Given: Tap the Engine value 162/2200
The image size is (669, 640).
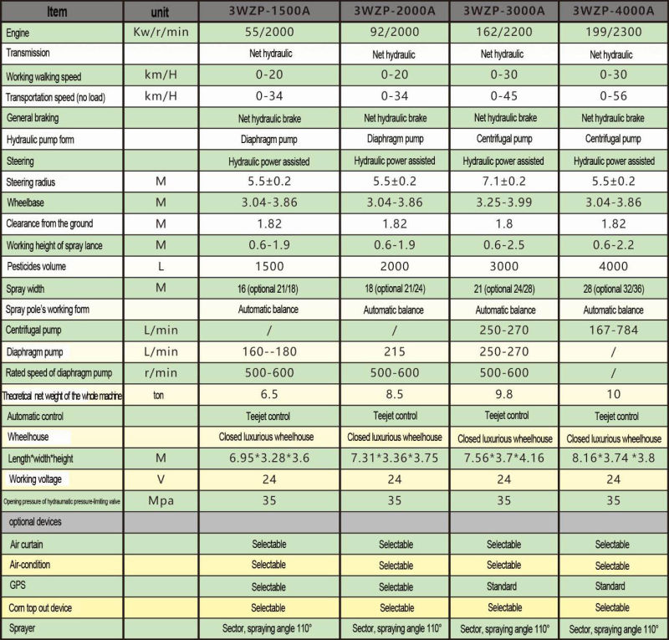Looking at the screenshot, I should click(x=503, y=32).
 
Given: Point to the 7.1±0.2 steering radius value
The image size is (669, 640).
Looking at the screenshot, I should click(x=503, y=182).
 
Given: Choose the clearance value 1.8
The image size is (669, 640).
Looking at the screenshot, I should click(x=503, y=224).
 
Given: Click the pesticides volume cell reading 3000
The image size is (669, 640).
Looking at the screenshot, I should click(x=503, y=267).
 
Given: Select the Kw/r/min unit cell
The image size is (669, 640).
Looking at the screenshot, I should click(x=161, y=32).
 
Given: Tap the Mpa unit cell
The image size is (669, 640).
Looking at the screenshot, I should click(x=161, y=501).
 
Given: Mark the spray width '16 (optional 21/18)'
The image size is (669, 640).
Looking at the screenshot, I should click(x=269, y=289).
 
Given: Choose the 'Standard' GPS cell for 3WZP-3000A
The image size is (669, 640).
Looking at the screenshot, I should click(x=503, y=586).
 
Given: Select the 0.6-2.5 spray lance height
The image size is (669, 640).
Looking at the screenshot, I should click(x=503, y=245).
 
